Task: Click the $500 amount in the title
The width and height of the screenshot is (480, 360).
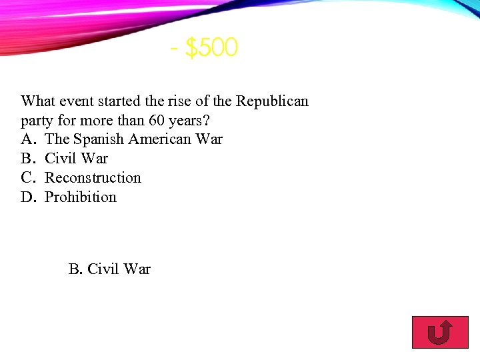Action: tap(211, 48)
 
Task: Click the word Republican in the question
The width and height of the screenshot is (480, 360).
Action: tap(273, 101)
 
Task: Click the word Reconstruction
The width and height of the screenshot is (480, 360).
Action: tap(93, 178)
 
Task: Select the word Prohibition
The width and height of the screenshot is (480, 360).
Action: tap(81, 197)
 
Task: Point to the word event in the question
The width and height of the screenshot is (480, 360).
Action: tap(78, 101)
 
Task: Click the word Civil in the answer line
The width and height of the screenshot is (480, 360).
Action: tap(103, 269)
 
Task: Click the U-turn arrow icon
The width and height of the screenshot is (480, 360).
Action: tap(439, 333)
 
